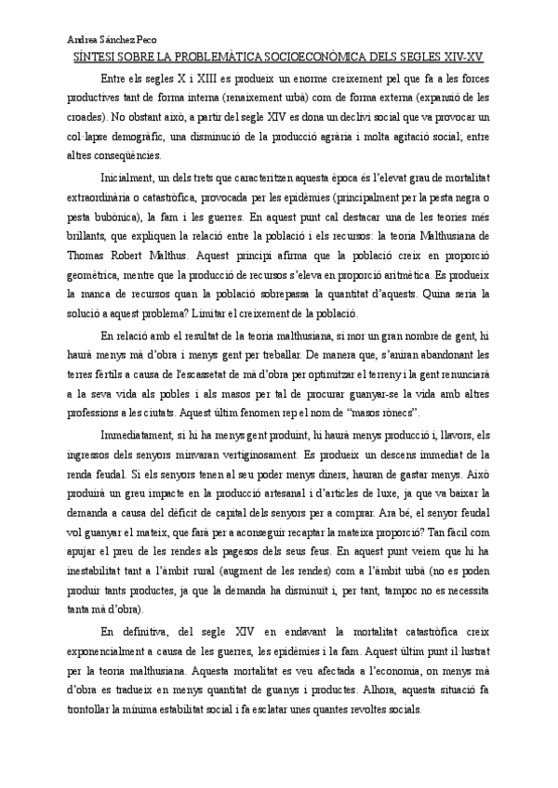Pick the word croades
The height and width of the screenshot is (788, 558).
[x=87, y=118]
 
